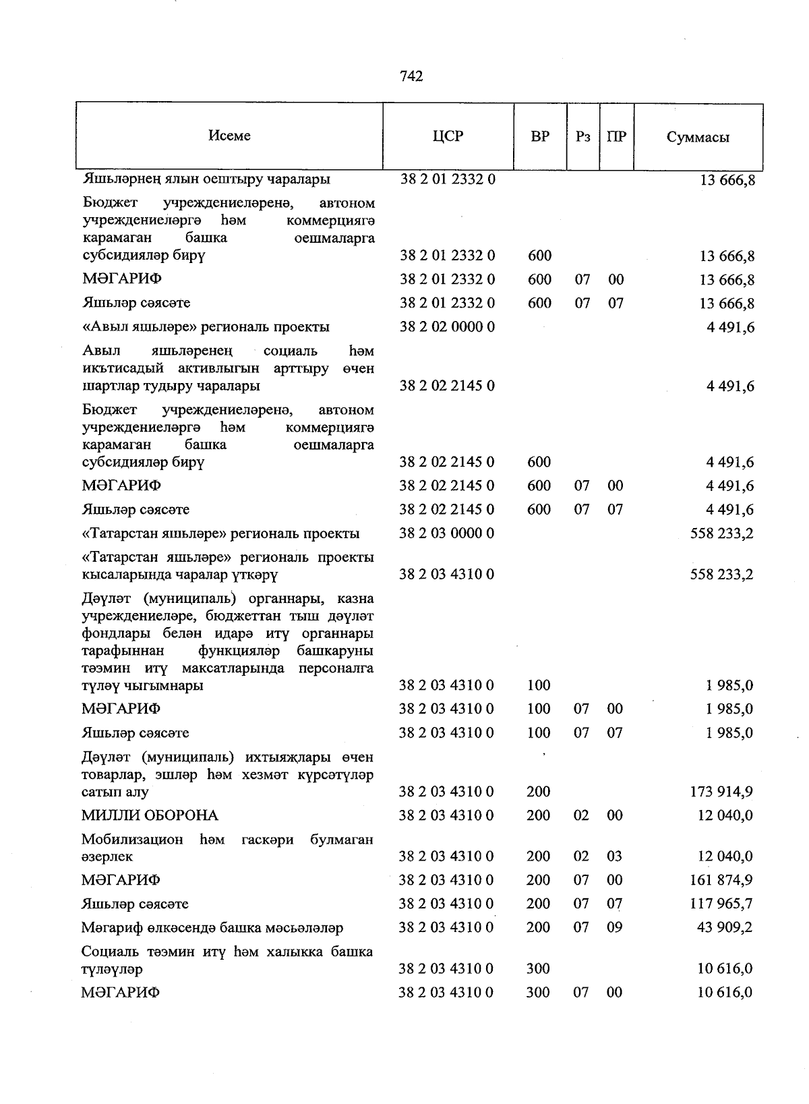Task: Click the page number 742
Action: pos(411,77)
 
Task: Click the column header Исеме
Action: pos(229,136)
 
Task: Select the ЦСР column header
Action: pos(448,136)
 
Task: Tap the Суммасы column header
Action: pos(698,138)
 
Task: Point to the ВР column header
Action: pos(540,136)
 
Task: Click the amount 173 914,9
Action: pos(721,792)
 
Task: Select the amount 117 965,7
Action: pos(721,904)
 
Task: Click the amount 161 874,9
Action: pos(721,880)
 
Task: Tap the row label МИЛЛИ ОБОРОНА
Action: pos(150,815)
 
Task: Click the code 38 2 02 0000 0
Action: pos(447,327)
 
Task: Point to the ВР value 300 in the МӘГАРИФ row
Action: pos(539,993)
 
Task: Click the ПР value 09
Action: pos(615,927)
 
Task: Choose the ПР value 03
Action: pos(615,856)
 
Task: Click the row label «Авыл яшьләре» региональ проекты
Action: pos(206,327)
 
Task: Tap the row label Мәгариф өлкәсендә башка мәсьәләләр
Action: pos(212,928)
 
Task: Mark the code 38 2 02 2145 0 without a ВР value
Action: pos(447,386)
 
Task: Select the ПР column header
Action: pos(616,136)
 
